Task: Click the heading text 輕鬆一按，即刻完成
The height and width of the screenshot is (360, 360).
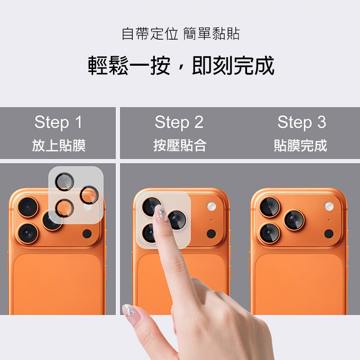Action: pos(181,66)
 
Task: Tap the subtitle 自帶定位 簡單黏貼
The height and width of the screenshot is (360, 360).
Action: pos(181,34)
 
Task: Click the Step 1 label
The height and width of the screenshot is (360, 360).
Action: pos(58,122)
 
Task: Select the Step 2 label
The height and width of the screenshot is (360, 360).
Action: pos(179,122)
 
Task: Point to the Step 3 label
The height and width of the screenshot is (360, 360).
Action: pos(301,122)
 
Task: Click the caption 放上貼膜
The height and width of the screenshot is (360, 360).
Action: pos(59,145)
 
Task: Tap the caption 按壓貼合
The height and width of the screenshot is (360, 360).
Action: pos(180,145)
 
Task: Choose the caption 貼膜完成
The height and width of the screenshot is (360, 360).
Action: pos(301,145)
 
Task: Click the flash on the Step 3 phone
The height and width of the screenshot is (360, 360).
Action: pos(329,206)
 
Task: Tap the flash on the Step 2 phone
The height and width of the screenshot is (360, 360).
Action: pos(211,206)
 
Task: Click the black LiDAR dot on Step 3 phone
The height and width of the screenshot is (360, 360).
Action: pos(329,234)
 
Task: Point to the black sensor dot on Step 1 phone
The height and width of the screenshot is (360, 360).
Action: pos(87,234)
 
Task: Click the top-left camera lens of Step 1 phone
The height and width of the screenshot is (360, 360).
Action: pos(28,207)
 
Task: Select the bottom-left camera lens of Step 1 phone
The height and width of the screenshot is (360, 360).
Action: pos(28,233)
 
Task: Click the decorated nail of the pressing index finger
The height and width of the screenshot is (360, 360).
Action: pos(161,213)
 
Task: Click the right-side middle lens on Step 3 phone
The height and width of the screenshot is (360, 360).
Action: pos(294,220)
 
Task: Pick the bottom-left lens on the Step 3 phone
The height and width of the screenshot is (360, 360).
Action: pos(270,233)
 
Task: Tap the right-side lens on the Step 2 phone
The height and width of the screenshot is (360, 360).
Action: pos(177,220)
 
